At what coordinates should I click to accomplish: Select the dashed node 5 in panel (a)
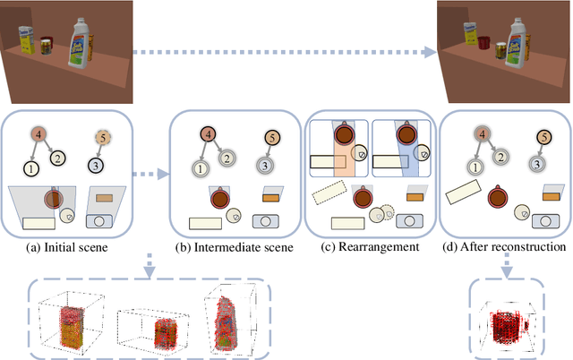click(x=103, y=138)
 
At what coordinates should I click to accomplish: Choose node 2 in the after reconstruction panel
click(x=501, y=156)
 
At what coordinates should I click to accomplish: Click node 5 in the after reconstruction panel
click(x=543, y=137)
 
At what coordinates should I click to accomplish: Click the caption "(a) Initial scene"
click(x=68, y=245)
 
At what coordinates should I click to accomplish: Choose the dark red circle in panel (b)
click(x=219, y=197)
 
